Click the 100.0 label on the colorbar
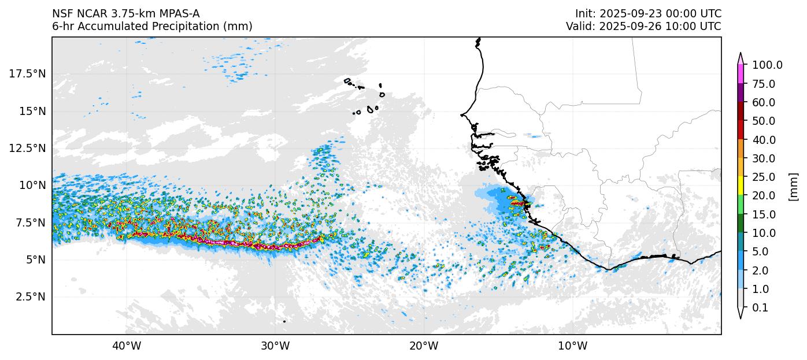pos(767,65)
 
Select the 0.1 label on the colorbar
pos(760,308)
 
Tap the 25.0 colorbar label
pos(764,177)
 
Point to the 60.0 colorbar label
pos(764,102)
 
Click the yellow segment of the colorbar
pos(741,186)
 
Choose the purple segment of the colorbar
pos(741,93)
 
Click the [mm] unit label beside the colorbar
pos(793,187)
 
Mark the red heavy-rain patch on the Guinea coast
pos(518,203)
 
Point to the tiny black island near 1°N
pos(284,321)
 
